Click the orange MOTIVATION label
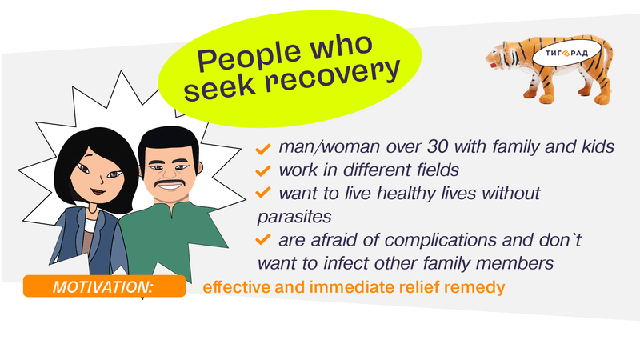(105, 286)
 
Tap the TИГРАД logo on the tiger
(566, 53)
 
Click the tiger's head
(498, 55)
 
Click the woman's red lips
(97, 190)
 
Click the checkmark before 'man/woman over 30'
(263, 148)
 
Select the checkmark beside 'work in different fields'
(263, 170)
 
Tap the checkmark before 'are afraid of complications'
(263, 239)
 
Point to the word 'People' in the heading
(248, 55)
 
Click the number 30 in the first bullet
(437, 146)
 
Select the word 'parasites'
(294, 217)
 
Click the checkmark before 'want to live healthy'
(263, 193)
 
